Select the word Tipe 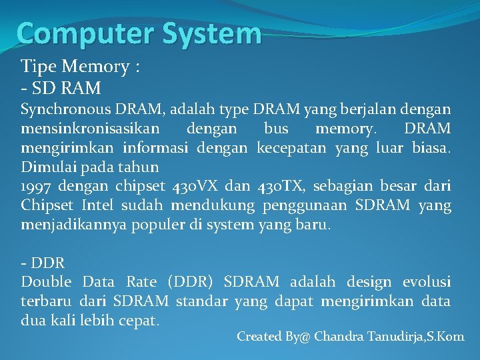point(39,67)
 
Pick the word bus point(275,127)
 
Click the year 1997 point(37,187)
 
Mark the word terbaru point(46,301)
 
